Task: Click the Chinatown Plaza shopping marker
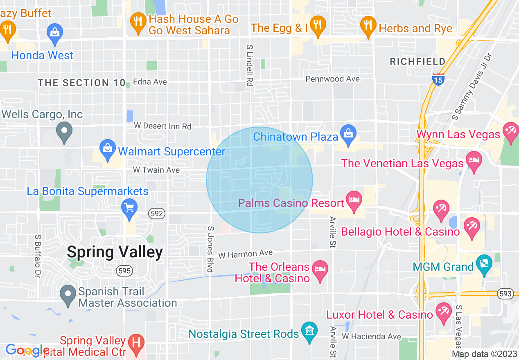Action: point(348,134)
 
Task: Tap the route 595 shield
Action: point(124,270)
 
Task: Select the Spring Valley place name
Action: point(115,252)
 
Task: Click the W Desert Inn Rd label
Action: point(162,126)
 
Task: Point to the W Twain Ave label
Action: point(156,169)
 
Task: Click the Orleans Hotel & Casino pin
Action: point(320,270)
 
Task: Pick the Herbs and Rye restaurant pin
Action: point(368,25)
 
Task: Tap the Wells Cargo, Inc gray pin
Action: point(64,131)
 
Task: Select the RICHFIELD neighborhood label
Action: point(417,62)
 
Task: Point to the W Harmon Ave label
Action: point(245,254)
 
